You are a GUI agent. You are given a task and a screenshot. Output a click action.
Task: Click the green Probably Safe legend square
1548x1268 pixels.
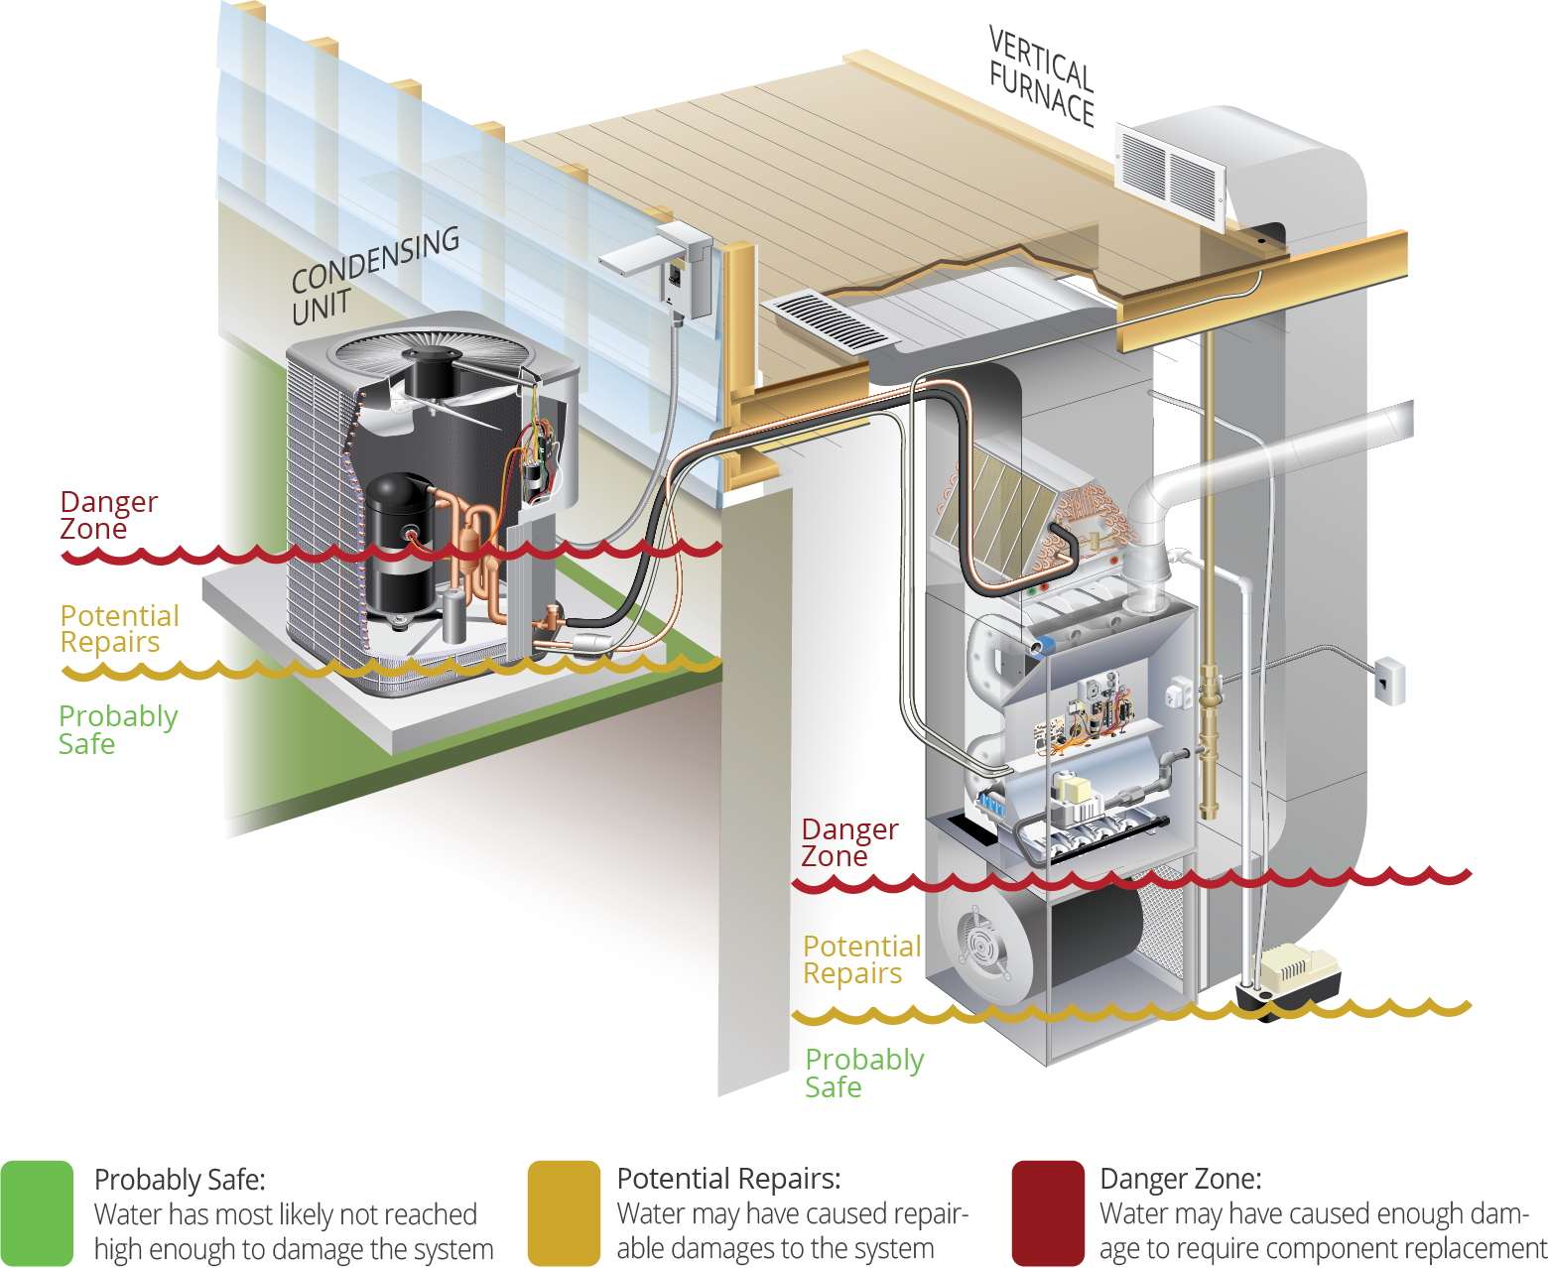click(x=38, y=1212)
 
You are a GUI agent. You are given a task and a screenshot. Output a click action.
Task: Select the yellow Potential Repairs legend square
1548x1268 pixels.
click(x=564, y=1212)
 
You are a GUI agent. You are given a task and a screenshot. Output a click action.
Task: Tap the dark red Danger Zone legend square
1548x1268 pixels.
click(x=1048, y=1212)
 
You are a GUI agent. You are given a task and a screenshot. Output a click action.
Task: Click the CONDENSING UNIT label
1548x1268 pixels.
click(x=374, y=275)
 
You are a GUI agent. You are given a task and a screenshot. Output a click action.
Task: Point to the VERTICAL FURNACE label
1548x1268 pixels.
click(x=1041, y=77)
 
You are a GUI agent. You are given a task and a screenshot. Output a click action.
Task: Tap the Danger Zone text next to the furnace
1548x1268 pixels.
click(x=849, y=842)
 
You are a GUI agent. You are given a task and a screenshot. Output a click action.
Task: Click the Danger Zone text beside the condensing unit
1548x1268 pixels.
click(x=107, y=515)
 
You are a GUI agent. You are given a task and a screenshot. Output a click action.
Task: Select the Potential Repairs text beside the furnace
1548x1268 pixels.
click(x=861, y=959)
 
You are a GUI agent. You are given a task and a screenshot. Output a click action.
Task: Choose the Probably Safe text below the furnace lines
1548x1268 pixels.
click(x=863, y=1074)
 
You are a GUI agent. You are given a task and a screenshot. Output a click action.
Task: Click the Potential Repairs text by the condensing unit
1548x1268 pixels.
click(x=119, y=629)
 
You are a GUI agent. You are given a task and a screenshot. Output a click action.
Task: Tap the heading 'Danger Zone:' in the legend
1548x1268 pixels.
click(x=1181, y=1179)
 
